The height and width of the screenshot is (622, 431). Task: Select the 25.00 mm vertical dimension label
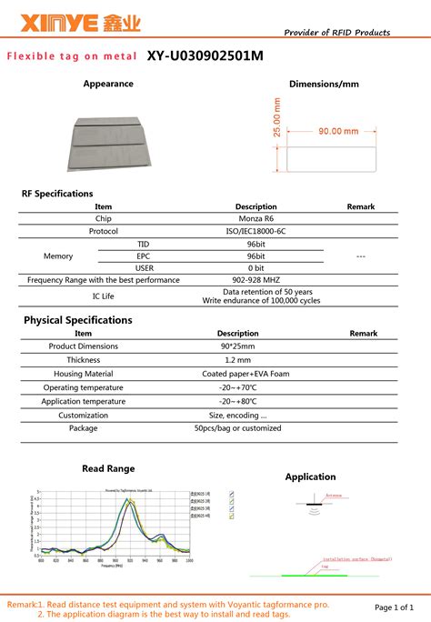click(x=277, y=117)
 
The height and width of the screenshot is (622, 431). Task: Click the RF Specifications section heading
click(x=57, y=194)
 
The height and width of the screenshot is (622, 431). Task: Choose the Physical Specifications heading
click(x=77, y=320)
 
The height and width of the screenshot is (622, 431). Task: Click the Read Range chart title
click(x=108, y=468)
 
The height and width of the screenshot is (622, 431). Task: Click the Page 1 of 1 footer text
click(x=394, y=607)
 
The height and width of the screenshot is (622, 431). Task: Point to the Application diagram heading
click(x=310, y=477)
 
